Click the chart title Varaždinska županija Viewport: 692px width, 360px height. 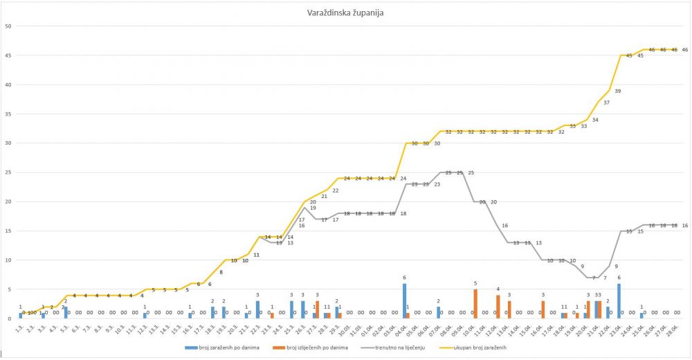click(x=345, y=13)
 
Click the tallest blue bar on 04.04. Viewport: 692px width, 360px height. click(x=405, y=300)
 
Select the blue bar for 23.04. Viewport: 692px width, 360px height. click(x=619, y=300)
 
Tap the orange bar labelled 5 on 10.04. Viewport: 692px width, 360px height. click(x=475, y=303)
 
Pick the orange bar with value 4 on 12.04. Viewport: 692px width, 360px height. click(x=498, y=306)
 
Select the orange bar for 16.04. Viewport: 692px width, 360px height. click(x=543, y=309)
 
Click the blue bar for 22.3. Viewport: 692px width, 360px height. click(x=257, y=309)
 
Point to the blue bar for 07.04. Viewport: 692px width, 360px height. click(x=438, y=312)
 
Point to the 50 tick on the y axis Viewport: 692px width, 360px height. click(x=8, y=26)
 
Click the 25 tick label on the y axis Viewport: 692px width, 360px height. click(x=8, y=172)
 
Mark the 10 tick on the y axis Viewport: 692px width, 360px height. click(x=8, y=260)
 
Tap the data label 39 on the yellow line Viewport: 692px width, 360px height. click(x=617, y=91)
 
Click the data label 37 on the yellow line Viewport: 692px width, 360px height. click(x=606, y=102)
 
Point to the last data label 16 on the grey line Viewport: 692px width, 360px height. click(x=684, y=226)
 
